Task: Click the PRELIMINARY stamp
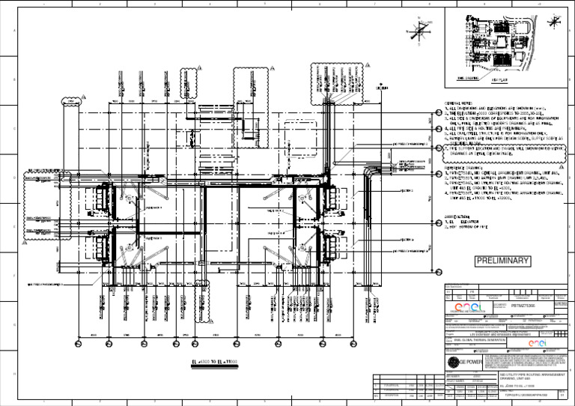502,261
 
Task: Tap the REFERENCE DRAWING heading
464,167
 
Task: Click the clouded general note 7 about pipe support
509,151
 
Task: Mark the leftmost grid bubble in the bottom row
77,342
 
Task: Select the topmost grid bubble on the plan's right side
439,114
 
